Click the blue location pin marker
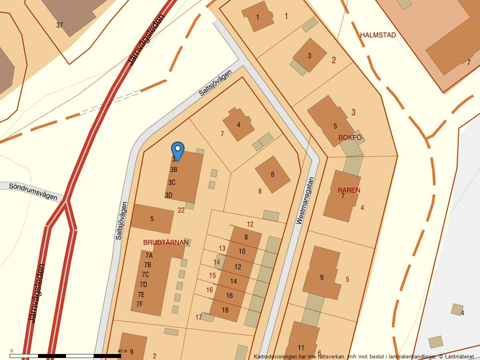coord(178,150)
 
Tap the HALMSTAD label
coord(378,35)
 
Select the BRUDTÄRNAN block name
coord(166,243)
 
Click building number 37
coord(60,25)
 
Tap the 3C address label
coord(172,182)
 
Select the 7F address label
coord(140,304)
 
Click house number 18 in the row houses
coord(225,310)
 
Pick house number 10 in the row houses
coord(242,252)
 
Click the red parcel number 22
coord(181,210)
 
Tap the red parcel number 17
coord(199,318)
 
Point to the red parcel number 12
coord(250,224)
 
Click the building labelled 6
coord(272,174)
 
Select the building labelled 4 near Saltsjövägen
coord(238,125)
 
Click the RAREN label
coord(349,190)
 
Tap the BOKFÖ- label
coord(351,138)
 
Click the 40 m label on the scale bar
coord(122,351)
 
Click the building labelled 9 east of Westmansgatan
coord(322,278)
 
